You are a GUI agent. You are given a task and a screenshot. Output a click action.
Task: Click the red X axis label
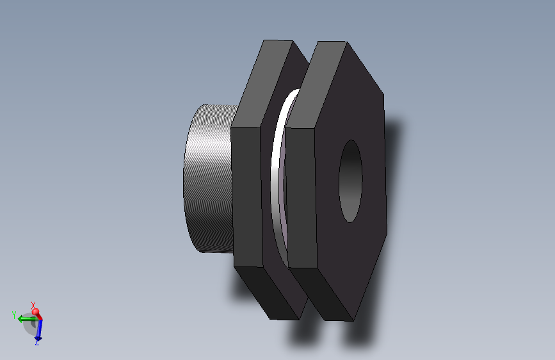33,305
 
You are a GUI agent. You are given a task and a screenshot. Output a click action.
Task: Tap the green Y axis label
13,315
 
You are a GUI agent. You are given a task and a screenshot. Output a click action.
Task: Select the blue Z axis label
37,343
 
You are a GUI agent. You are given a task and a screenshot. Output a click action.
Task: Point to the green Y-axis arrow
24,318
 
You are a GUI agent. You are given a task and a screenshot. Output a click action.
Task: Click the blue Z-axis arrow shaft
38,328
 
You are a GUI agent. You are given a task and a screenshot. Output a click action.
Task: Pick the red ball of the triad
36,313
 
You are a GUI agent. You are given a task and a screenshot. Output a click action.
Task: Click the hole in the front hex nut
350,181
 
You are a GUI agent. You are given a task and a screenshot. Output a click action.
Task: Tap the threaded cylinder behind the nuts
208,179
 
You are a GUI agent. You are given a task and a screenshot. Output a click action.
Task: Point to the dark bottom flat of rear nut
266,291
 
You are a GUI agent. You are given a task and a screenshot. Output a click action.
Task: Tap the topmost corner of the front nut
346,42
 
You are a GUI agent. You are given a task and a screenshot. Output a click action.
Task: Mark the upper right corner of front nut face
384,95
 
